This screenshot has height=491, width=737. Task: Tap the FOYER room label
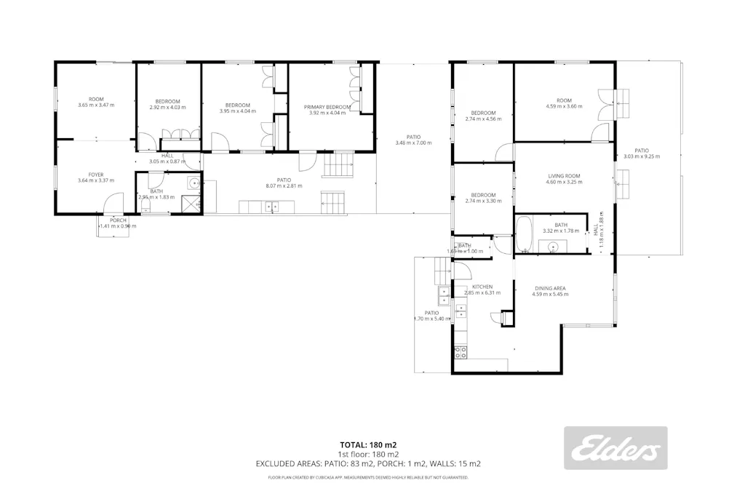pos(96,175)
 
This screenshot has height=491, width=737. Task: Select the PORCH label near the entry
pos(118,220)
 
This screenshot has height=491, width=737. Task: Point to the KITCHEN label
pos(483,287)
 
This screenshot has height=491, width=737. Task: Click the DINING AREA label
pos(549,288)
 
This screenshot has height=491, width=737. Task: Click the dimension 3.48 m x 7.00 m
pos(413,143)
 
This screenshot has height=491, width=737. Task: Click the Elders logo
pos(616,447)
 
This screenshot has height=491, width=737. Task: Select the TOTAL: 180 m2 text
pos(368,444)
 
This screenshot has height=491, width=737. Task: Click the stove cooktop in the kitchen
pos(461,353)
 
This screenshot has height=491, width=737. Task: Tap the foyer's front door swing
pos(113,202)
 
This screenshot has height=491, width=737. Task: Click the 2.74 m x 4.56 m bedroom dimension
pos(483,119)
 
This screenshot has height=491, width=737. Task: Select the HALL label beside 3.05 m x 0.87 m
pos(167,155)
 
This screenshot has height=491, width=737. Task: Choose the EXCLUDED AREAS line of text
pos(368,463)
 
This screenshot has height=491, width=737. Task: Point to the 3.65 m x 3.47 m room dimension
pos(96,105)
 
